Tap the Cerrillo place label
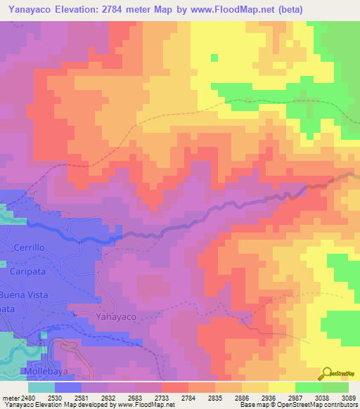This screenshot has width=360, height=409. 28,248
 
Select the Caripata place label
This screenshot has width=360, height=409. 28,271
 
